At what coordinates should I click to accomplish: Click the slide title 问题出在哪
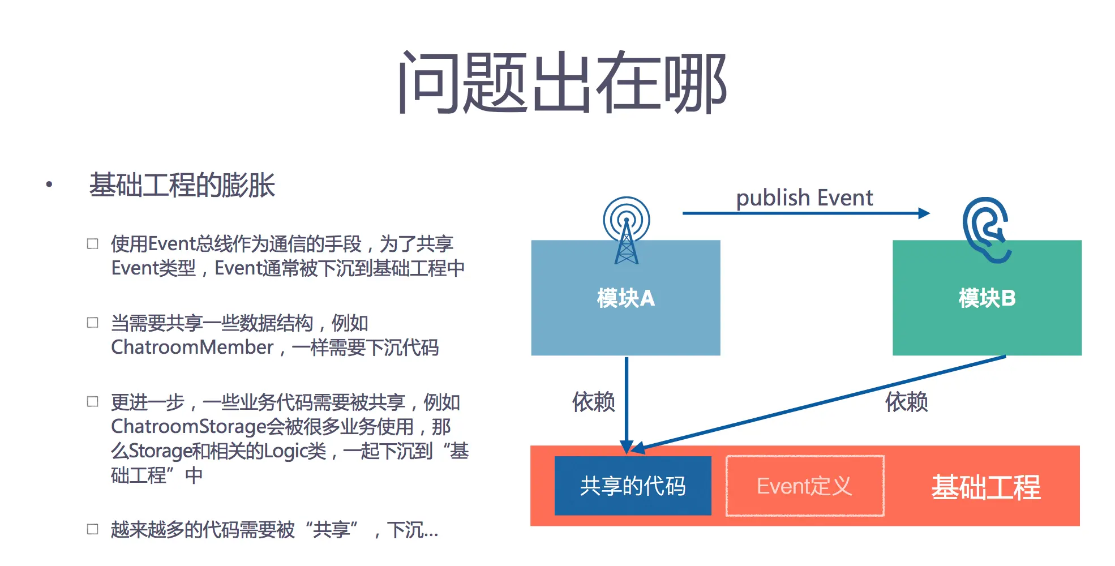click(563, 82)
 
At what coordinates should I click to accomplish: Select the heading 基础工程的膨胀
click(182, 185)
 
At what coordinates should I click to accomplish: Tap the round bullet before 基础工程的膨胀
click(49, 184)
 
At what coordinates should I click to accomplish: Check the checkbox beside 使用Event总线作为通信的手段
click(93, 244)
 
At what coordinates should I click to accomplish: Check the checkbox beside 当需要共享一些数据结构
click(93, 323)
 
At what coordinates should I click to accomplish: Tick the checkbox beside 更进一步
click(93, 402)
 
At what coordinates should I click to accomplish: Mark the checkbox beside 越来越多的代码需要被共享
click(93, 529)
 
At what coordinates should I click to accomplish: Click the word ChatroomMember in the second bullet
click(192, 347)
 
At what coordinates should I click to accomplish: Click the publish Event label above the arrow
click(804, 198)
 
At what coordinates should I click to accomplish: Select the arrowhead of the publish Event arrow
click(924, 213)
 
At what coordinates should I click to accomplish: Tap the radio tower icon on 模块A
click(627, 229)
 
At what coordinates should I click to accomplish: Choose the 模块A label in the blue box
click(625, 298)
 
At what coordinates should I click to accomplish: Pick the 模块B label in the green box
click(987, 298)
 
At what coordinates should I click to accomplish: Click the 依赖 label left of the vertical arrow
click(593, 402)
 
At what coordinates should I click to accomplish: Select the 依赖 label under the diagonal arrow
click(906, 402)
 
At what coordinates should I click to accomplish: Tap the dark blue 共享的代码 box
click(633, 486)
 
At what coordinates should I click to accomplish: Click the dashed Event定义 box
click(805, 486)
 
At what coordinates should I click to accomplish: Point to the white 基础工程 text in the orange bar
click(986, 487)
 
